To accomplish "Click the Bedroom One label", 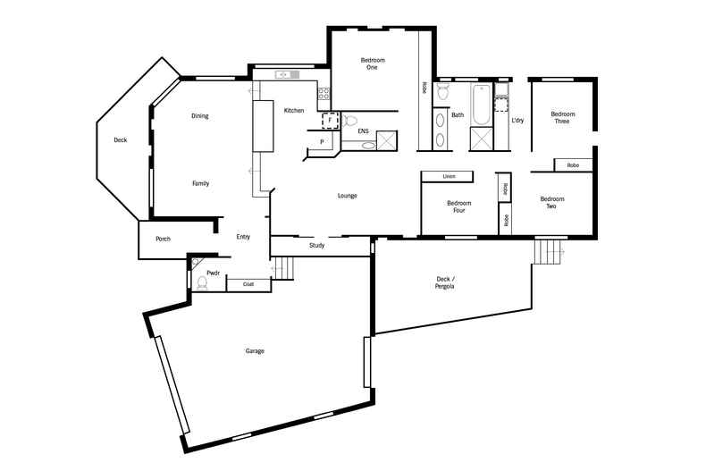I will [373, 63].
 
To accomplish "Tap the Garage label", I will [255, 351].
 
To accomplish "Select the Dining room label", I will [200, 116].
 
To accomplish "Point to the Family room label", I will [201, 183].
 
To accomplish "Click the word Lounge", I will [348, 196].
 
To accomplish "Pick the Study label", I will [317, 245].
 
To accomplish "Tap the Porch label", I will [164, 239].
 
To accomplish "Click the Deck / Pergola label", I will [445, 282].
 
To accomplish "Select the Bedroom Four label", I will [459, 207].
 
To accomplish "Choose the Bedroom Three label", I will [561, 117].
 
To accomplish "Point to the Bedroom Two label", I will [552, 203].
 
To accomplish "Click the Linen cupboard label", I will [449, 177].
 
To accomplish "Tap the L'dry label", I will [517, 120].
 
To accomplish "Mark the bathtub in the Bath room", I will [481, 105].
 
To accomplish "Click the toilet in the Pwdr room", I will [202, 283].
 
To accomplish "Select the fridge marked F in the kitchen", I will [329, 120].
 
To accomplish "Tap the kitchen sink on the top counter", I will [285, 74].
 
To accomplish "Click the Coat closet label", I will [248, 284].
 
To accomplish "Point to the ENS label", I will [363, 131].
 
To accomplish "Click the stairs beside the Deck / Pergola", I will [550, 251].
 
